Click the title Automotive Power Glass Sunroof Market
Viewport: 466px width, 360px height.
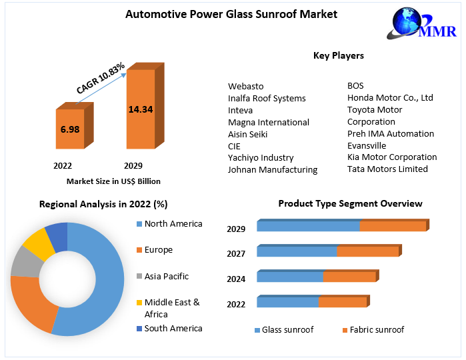pos(231,14)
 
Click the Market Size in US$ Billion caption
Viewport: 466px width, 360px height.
pos(113,181)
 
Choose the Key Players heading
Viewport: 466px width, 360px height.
pos(339,55)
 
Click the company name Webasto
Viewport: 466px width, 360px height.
pos(246,86)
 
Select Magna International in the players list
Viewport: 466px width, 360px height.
pos(269,122)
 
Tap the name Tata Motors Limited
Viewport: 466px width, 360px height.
pos(387,169)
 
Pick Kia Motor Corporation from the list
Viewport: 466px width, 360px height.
pos(392,157)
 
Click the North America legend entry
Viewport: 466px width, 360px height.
pos(173,224)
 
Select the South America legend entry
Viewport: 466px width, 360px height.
pos(173,328)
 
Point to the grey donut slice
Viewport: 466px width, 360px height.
pos(24,261)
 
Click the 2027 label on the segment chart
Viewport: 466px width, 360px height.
pos(236,254)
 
